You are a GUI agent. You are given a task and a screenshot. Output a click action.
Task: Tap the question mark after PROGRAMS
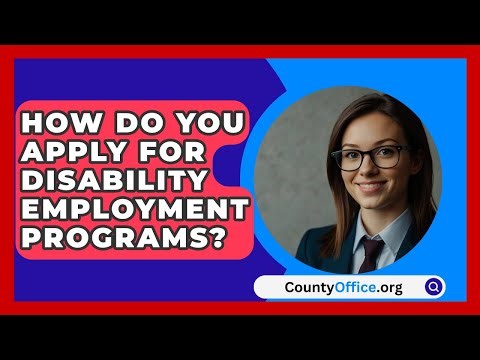213,241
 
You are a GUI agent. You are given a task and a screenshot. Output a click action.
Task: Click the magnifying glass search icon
433,287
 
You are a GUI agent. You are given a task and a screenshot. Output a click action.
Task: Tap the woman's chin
372,205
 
